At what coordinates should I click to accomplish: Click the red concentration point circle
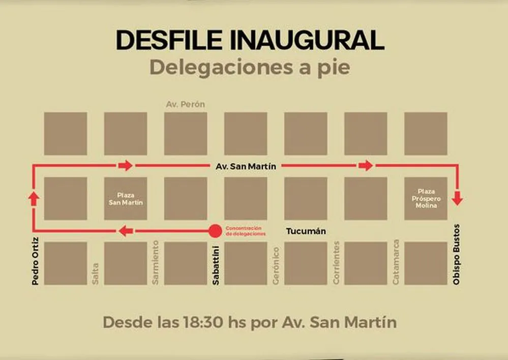coord(215,231)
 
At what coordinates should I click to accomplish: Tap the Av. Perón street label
coord(185,104)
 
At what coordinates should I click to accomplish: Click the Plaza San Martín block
coord(126,198)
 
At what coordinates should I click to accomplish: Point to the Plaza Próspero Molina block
coord(426,198)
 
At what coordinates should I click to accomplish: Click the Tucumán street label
coord(306,231)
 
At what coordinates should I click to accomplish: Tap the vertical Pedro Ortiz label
coord(35,260)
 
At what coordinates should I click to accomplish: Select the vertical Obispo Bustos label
coord(456,254)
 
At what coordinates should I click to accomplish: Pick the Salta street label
coord(96,273)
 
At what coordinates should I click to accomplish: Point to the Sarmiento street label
coord(156,262)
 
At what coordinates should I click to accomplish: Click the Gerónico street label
coord(276,264)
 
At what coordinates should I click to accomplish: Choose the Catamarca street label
coord(396,262)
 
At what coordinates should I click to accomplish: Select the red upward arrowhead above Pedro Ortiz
coord(34,197)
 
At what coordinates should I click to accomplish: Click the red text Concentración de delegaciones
coord(246,231)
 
